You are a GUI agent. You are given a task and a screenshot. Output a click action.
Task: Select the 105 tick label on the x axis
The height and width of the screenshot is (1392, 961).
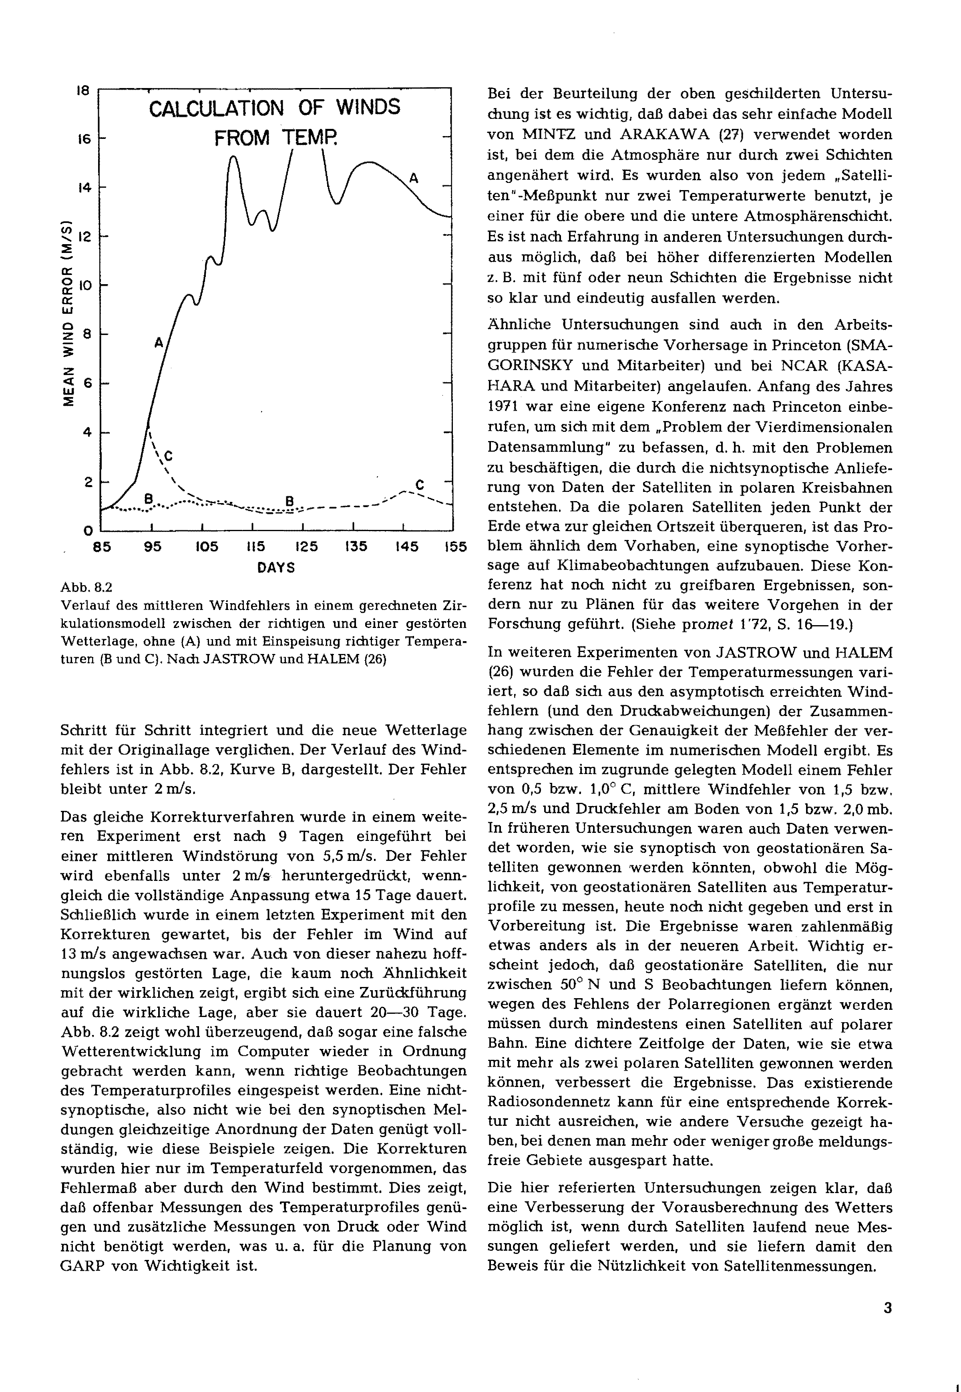pyautogui.click(x=206, y=547)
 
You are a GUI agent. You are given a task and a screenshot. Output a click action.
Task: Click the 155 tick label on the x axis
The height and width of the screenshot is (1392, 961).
pyautogui.click(x=455, y=547)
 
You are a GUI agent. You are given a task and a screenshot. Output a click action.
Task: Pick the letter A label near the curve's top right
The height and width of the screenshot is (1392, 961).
pyautogui.click(x=414, y=178)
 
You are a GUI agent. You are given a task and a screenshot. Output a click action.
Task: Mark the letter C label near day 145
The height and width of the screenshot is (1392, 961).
pyautogui.click(x=420, y=485)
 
